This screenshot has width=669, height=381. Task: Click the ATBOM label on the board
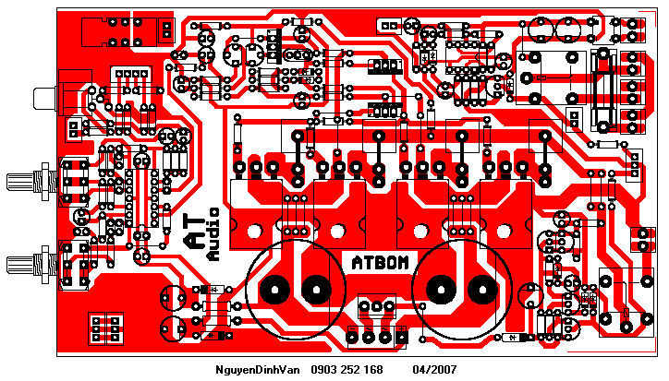coord(379,262)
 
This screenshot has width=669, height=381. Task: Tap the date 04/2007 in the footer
coord(434,369)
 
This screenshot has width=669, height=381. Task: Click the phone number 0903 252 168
coord(347,369)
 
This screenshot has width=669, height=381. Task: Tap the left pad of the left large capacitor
coord(274,290)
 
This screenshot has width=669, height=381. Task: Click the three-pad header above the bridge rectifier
coord(376,305)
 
